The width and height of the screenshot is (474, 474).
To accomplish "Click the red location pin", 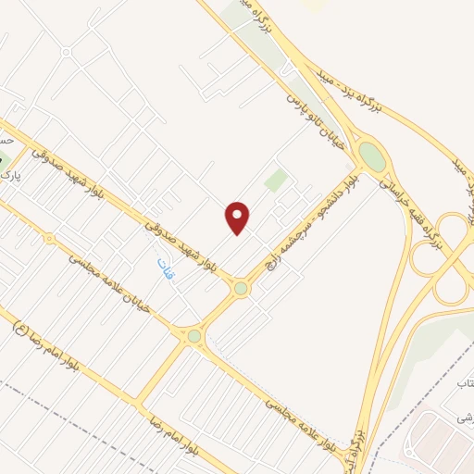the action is pos(238,217).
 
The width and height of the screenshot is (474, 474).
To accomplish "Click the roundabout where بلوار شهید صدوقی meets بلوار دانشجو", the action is pos(241,289).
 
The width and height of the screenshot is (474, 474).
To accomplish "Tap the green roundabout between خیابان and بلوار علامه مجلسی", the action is pos(193,337).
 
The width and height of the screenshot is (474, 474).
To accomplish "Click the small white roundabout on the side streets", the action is pos(65,52).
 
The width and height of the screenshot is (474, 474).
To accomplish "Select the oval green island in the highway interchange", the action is pos(372,156).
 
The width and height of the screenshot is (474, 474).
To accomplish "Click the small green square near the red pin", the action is pos(275,180).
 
